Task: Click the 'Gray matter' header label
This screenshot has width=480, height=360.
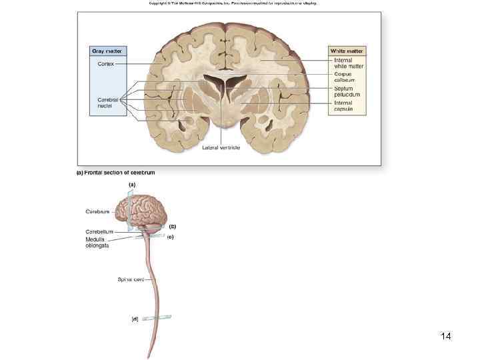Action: pos(107,51)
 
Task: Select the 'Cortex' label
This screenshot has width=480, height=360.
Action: pos(106,63)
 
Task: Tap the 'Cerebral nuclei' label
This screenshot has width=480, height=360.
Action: pos(108,103)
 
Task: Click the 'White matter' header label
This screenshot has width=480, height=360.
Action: pos(347,51)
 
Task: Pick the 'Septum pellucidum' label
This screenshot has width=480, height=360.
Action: pos(347,91)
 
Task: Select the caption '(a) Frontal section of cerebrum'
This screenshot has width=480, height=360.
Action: pos(116,173)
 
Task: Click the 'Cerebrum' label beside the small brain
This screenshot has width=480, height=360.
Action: pos(97,211)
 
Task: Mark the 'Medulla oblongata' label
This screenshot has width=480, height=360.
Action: pos(97,242)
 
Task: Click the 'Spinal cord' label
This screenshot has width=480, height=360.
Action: pos(131,279)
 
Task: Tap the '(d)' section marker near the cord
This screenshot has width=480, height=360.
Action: pos(135,319)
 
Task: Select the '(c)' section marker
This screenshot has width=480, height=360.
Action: pos(171,237)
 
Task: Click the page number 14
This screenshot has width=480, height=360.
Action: pos(446,336)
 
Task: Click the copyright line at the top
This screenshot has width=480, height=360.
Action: pos(233,3)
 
